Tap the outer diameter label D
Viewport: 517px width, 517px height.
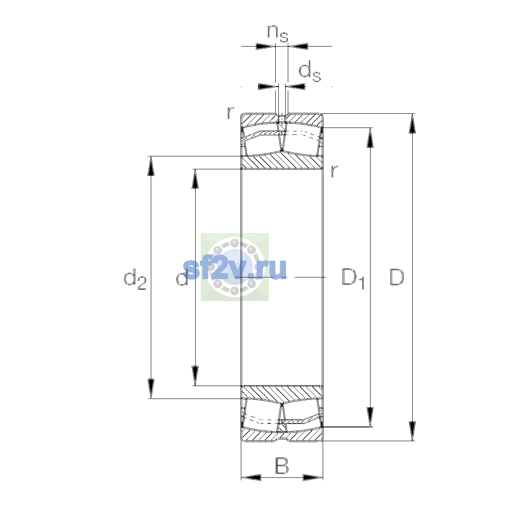pos(396,277)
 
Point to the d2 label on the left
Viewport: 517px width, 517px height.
pos(135,279)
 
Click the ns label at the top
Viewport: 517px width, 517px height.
pos(278,34)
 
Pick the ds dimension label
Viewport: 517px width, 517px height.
pos(310,71)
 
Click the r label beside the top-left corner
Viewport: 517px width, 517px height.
pos(230,113)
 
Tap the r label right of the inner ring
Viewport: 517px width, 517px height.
pos(334,171)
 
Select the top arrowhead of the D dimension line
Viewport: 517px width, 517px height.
pos(412,123)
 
